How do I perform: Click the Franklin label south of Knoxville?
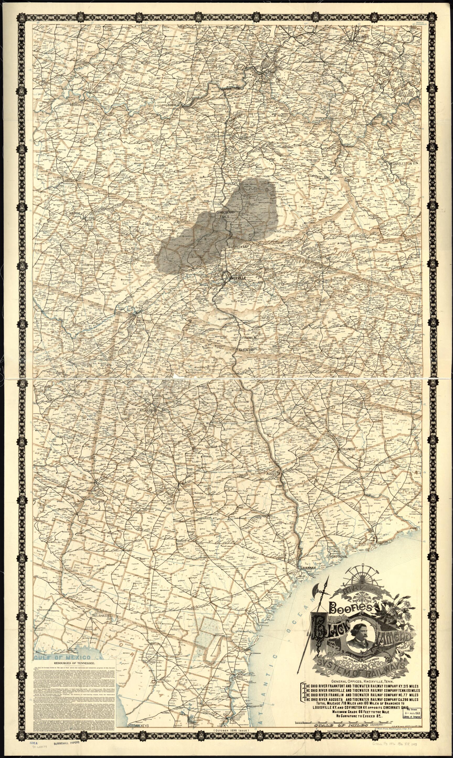[249, 338]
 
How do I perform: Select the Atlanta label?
[145, 410]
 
